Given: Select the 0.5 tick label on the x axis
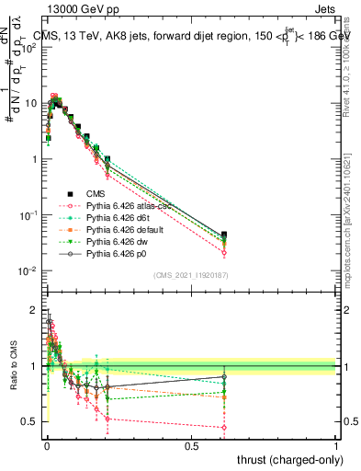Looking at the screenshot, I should coord(191,445).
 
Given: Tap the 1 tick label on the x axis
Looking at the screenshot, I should coord(336,445).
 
